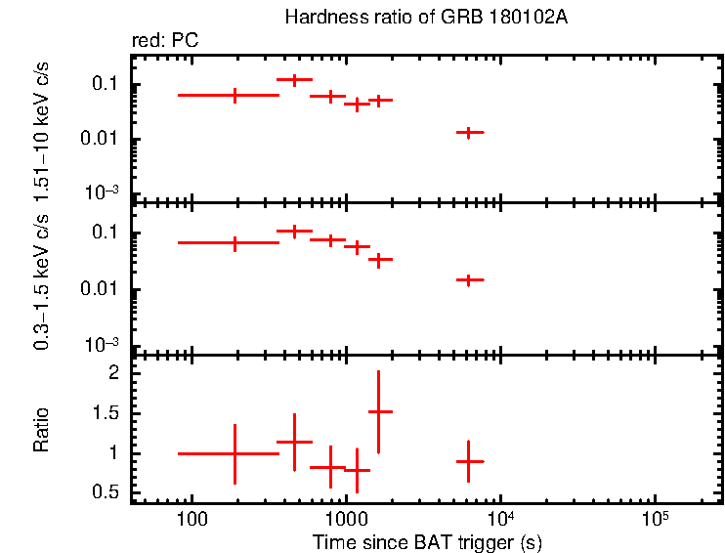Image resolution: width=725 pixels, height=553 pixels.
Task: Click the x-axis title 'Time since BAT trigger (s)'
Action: [427, 541]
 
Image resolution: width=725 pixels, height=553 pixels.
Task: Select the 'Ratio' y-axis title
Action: [42, 431]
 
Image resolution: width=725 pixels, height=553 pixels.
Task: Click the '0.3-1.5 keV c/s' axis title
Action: [42, 278]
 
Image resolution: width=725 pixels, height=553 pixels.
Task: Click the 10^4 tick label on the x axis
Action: [500, 516]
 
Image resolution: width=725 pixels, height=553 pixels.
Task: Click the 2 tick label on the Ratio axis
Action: [114, 373]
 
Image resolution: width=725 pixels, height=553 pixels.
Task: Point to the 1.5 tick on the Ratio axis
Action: [107, 413]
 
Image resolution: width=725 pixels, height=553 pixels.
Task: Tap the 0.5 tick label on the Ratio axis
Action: [107, 492]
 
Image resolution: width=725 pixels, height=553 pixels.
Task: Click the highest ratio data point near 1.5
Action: [379, 412]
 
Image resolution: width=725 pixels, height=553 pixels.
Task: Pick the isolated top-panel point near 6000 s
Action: [469, 132]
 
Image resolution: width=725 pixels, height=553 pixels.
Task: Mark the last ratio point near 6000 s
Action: [469, 461]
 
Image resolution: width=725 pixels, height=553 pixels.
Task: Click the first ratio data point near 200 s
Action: [235, 453]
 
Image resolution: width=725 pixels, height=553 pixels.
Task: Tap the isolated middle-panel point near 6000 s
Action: [469, 280]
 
